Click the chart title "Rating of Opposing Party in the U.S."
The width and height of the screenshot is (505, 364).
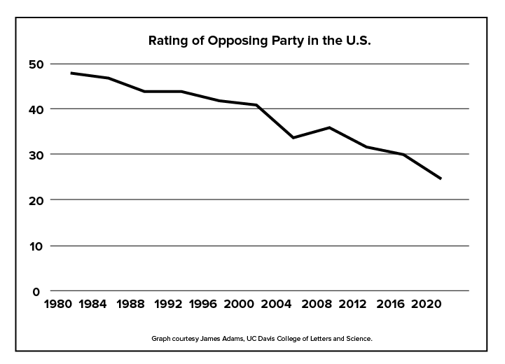[x=259, y=40]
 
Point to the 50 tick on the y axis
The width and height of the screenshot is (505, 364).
[x=36, y=64]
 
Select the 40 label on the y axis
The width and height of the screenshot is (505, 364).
[x=36, y=110]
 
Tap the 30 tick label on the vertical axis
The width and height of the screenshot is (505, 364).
[x=36, y=155]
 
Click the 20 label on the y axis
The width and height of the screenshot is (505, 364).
[x=36, y=200]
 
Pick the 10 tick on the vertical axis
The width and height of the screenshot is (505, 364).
[x=36, y=246]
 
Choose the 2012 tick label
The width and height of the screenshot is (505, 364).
[x=348, y=304]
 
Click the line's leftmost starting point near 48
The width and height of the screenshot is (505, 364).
[x=71, y=73]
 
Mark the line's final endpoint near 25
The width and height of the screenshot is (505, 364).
[x=441, y=178]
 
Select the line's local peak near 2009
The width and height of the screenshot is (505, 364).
[x=329, y=127]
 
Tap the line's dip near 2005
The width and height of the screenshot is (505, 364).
[x=293, y=137]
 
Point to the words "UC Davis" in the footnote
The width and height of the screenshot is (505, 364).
[x=257, y=338]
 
